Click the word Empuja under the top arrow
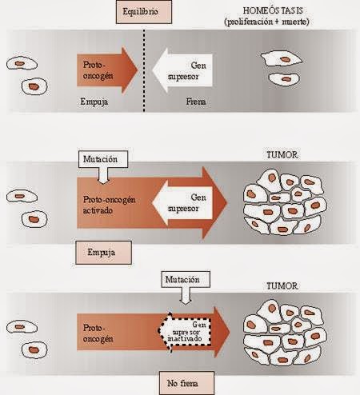tap(94, 102)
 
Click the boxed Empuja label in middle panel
tap(101, 254)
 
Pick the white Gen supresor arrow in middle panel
tap(187, 201)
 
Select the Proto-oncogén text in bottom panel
tap(98, 329)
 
